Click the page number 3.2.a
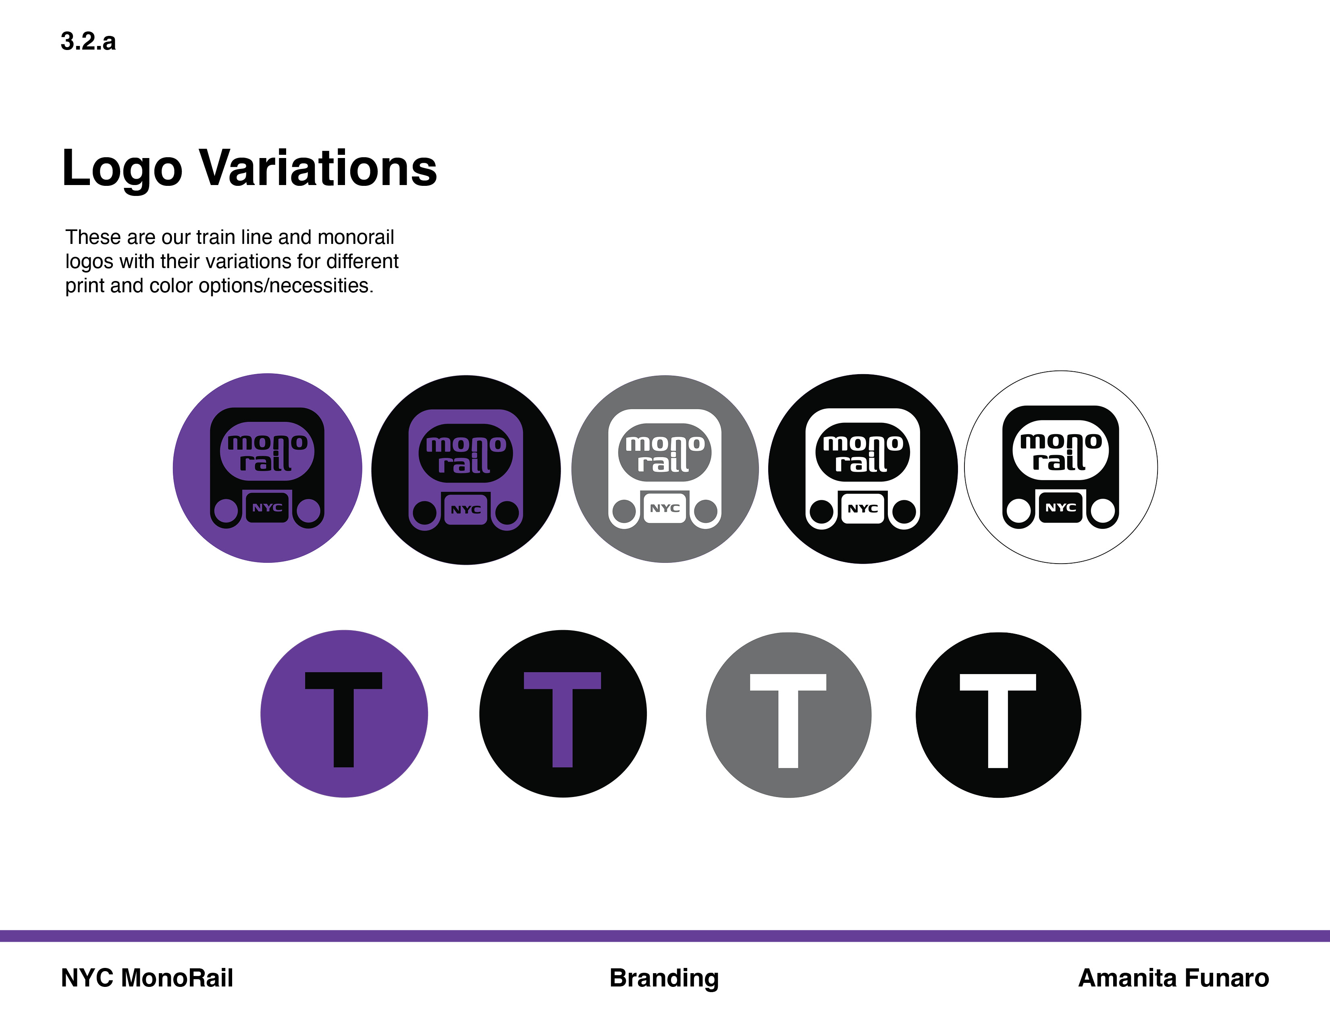88,42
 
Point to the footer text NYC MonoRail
147,978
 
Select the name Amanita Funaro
1174,978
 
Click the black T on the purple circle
343,719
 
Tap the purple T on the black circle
562,719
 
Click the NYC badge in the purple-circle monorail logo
267,507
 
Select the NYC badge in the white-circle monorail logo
1061,507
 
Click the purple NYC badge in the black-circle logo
466,510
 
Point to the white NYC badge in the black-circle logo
863,508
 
